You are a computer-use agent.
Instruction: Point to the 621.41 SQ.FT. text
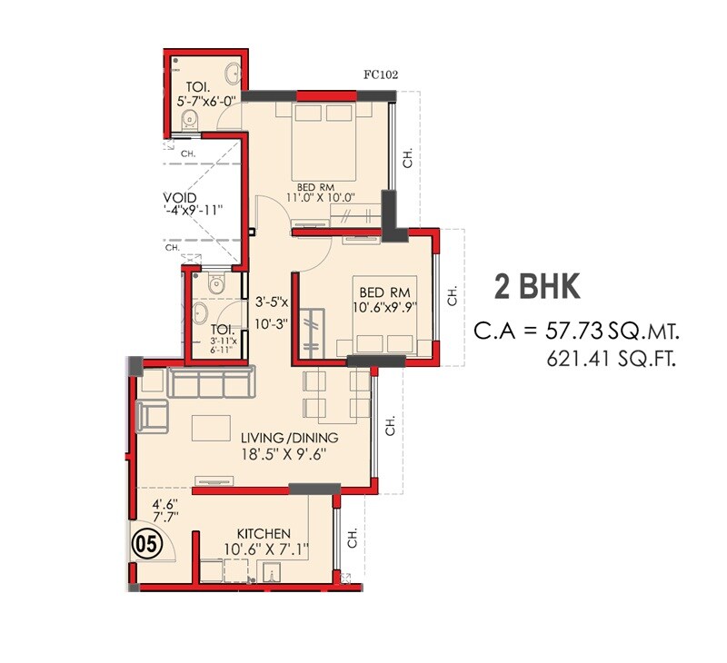click(612, 359)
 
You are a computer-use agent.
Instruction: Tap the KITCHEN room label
click(264, 533)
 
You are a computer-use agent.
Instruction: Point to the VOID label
click(179, 197)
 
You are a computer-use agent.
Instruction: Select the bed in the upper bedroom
click(324, 141)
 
